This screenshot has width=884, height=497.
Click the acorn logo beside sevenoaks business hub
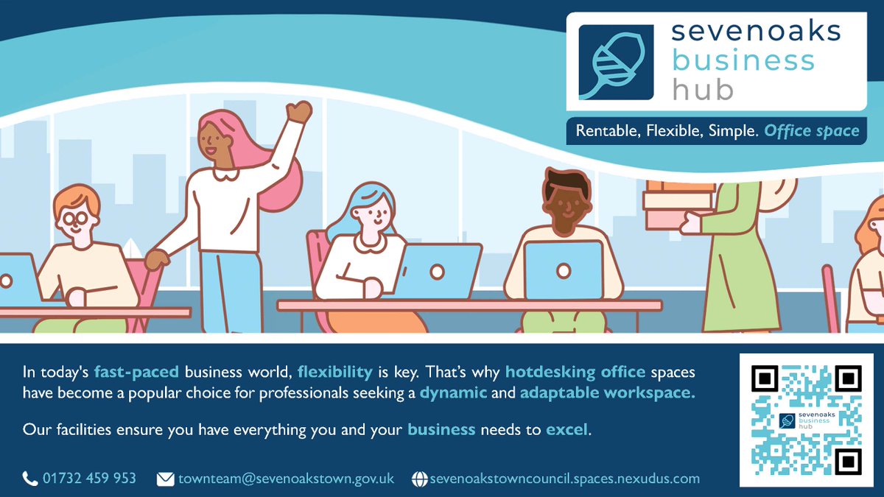(616, 62)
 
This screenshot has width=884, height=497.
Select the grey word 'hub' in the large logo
(703, 89)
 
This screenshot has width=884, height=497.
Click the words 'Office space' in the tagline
(811, 131)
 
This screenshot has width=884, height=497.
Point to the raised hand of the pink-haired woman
(299, 112)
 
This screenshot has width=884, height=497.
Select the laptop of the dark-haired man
(564, 270)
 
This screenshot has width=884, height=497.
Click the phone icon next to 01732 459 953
(30, 479)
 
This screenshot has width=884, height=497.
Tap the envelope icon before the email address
(166, 479)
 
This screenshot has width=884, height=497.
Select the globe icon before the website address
(419, 479)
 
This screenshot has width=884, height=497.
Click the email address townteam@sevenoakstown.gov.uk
(286, 479)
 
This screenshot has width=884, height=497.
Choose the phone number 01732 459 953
(89, 479)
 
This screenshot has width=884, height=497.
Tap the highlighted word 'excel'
(567, 429)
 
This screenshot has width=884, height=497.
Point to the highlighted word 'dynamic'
(453, 392)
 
